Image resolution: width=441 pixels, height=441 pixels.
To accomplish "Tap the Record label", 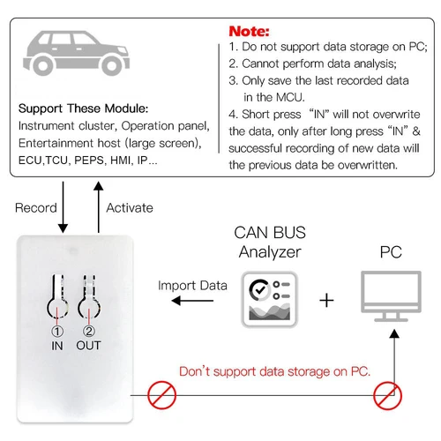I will pos(36,208).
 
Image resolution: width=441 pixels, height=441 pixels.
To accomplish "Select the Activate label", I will pos(130,208).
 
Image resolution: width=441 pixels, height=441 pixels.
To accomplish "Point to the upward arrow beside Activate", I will pos(97,208).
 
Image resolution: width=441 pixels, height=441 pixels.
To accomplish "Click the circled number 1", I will pos(57,333).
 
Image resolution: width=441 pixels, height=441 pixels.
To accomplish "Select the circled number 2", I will pos(90,333).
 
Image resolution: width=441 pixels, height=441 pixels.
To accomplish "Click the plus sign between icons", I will pos(326,300).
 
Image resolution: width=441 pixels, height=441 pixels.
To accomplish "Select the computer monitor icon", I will pos(391,300).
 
